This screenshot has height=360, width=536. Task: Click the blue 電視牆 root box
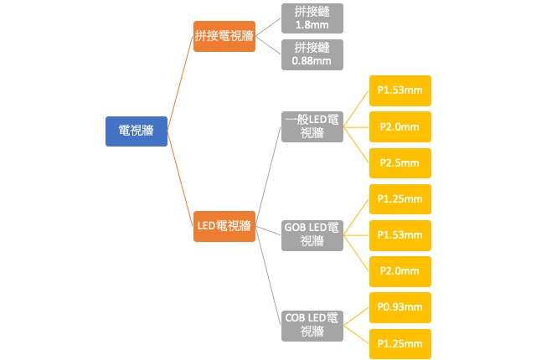click(136, 131)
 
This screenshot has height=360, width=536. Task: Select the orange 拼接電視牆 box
click(224, 36)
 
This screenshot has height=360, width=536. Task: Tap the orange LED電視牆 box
click(224, 226)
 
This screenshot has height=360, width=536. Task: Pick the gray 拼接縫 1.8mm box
click(312, 19)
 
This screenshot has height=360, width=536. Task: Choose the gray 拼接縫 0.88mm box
click(312, 54)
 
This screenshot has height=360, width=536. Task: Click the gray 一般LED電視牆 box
click(312, 127)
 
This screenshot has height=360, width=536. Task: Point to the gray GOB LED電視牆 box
click(312, 235)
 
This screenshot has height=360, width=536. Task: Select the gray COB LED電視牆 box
click(312, 326)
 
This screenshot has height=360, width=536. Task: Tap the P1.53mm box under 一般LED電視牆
click(399, 90)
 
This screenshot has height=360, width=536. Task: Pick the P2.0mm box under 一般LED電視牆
click(399, 127)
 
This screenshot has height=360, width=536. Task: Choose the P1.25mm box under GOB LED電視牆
click(399, 199)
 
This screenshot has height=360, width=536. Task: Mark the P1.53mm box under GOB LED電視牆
click(399, 235)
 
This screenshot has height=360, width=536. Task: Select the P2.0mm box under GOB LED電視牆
click(399, 272)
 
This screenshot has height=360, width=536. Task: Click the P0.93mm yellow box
click(399, 308)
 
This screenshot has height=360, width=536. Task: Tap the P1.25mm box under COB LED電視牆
click(399, 344)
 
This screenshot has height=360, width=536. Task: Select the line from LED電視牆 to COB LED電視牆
click(268, 276)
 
